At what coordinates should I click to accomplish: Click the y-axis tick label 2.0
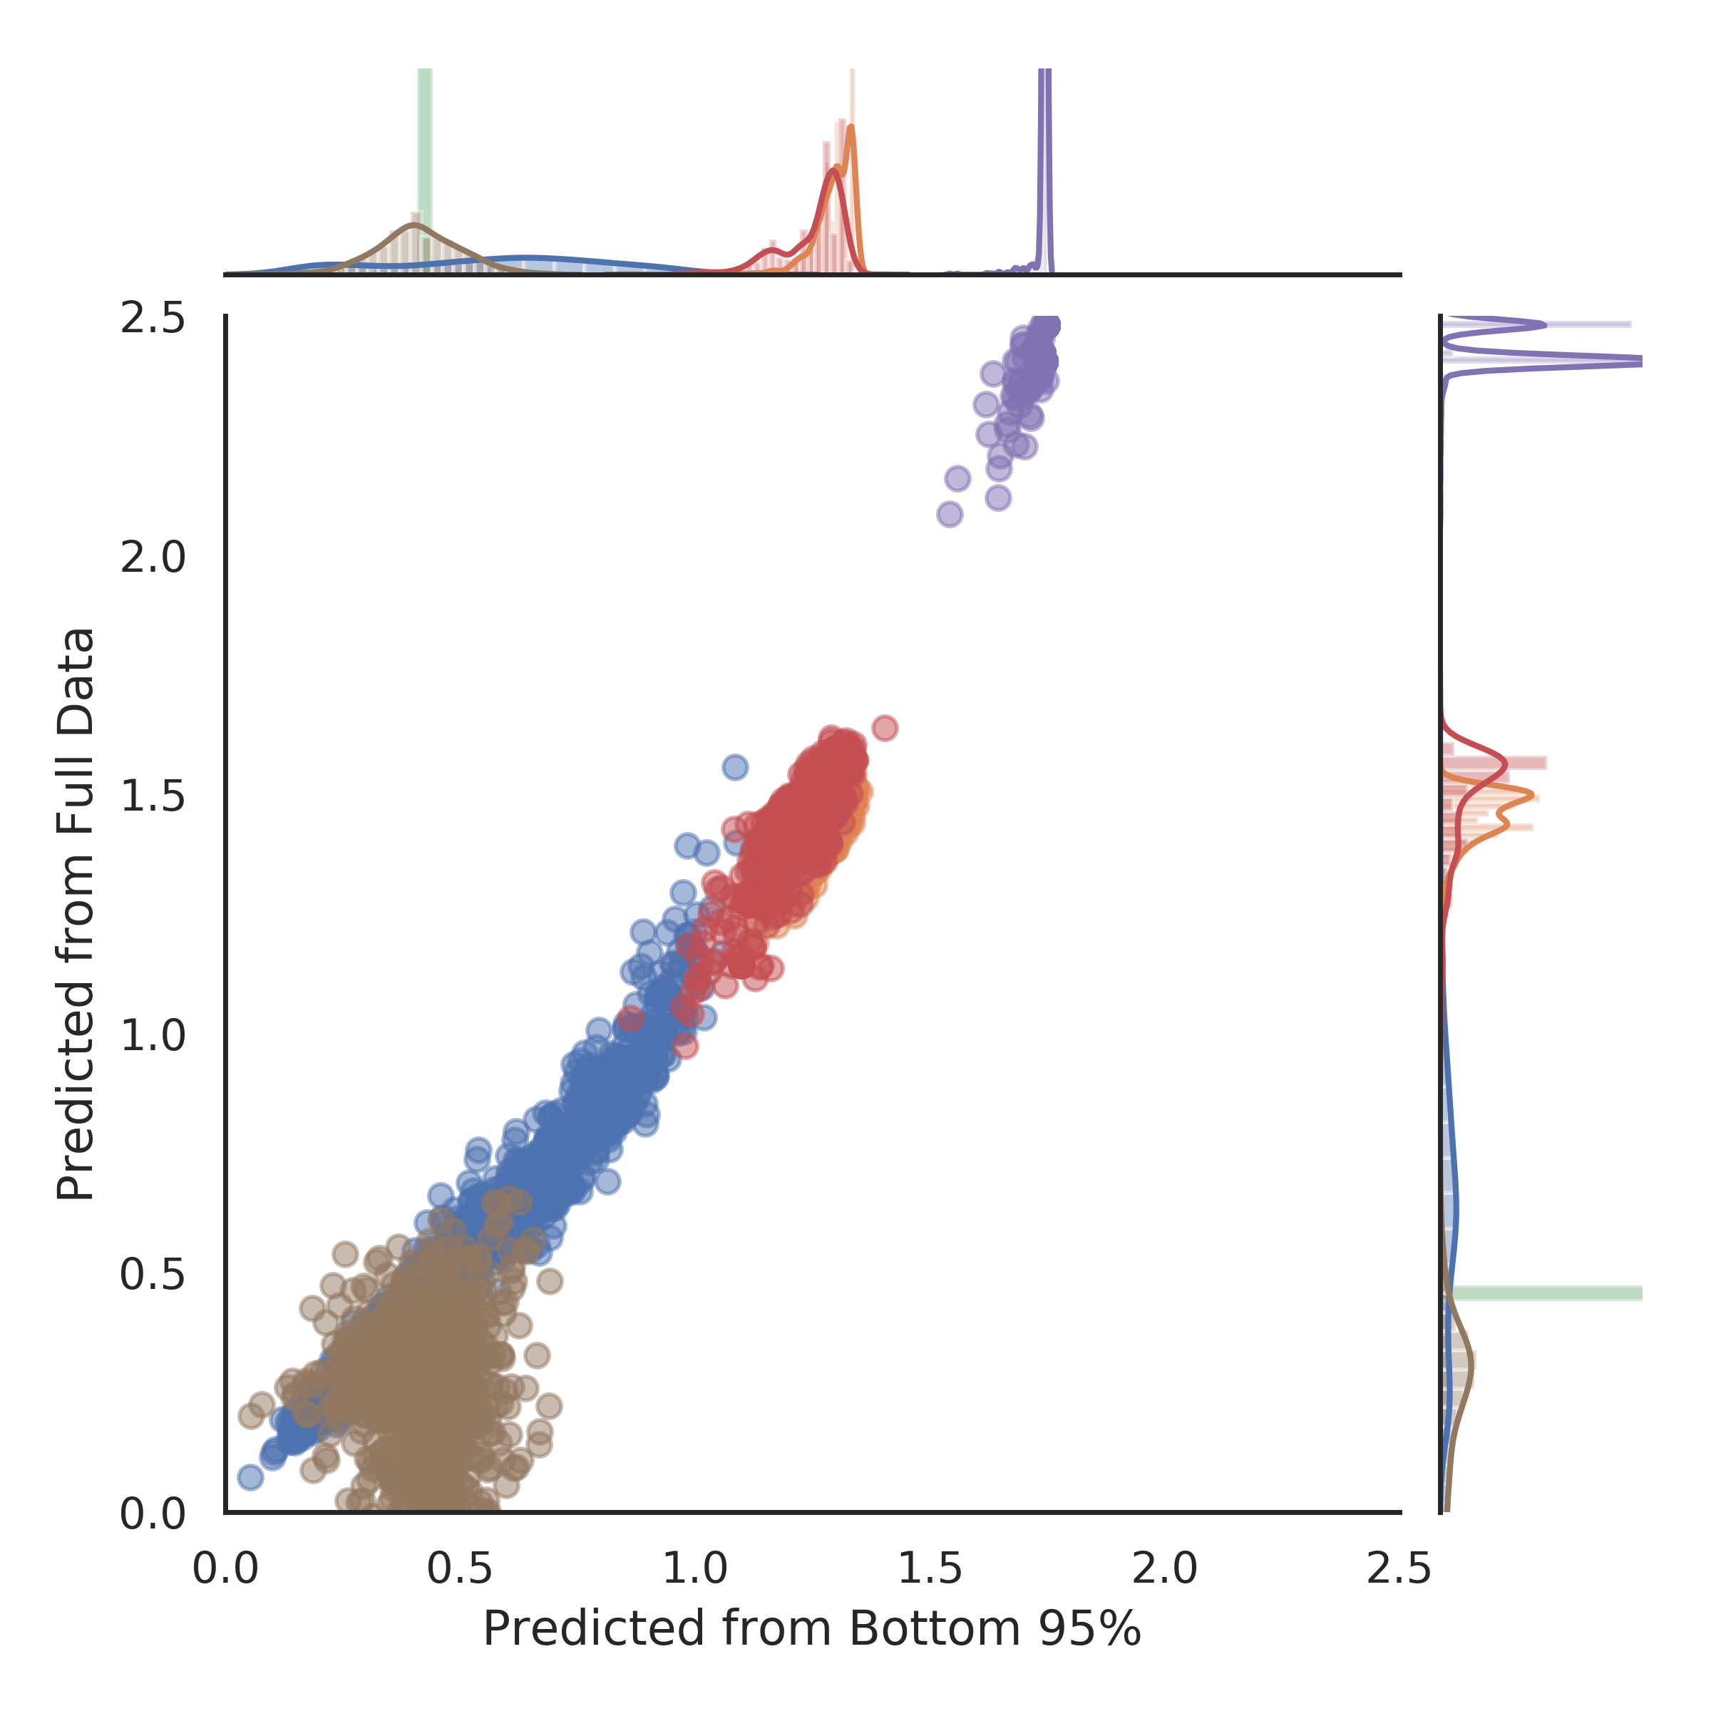[x=153, y=559]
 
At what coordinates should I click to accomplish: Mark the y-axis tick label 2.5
[x=153, y=319]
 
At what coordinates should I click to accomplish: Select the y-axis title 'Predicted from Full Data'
[x=76, y=914]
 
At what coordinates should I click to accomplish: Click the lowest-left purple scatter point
[x=950, y=513]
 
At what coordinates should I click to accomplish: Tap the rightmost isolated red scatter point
[x=885, y=728]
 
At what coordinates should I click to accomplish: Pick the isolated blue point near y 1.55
[x=735, y=767]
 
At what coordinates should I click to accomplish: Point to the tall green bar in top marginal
[x=424, y=168]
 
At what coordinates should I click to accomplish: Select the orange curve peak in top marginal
[x=851, y=128]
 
